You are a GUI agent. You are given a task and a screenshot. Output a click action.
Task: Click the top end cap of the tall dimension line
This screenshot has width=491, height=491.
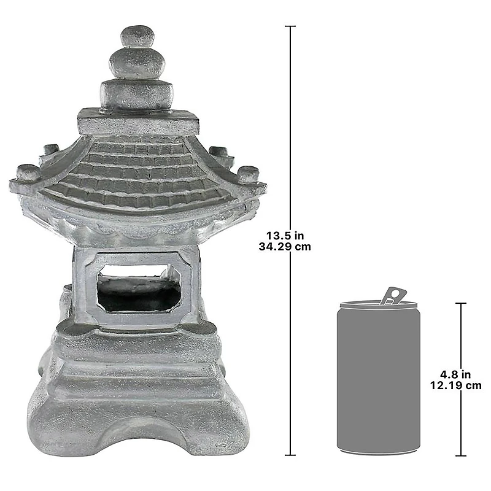pos(290,26)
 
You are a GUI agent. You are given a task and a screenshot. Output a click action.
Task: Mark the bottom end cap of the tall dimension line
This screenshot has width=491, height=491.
pos(290,455)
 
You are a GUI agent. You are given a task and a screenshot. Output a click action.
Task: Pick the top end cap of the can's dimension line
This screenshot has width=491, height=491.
pos(460,303)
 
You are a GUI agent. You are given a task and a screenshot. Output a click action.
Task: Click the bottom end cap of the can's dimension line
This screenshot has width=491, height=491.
pos(460,455)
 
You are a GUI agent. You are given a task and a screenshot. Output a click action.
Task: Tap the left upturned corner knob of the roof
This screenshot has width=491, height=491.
pos(26,172)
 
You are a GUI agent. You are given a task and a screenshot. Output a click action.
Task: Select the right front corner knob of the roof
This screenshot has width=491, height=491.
pos(248,174)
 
